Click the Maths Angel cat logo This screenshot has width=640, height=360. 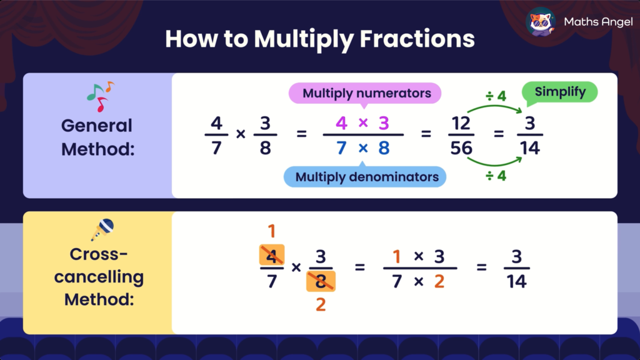(x=541, y=22)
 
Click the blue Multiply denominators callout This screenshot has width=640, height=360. (x=366, y=177)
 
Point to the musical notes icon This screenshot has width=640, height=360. (x=100, y=96)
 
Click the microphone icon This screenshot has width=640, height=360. (x=102, y=229)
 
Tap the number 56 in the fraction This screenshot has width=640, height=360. (x=461, y=148)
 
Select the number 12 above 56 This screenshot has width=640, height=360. (x=461, y=123)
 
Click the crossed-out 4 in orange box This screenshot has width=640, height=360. (x=271, y=254)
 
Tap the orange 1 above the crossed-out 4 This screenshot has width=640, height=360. (x=271, y=232)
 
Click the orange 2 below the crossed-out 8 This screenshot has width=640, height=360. (x=321, y=304)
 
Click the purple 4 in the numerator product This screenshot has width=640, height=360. (x=341, y=123)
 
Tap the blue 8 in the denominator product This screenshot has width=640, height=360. (x=384, y=148)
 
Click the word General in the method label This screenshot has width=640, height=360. (x=97, y=126)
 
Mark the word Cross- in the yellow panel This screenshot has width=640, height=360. (x=99, y=254)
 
